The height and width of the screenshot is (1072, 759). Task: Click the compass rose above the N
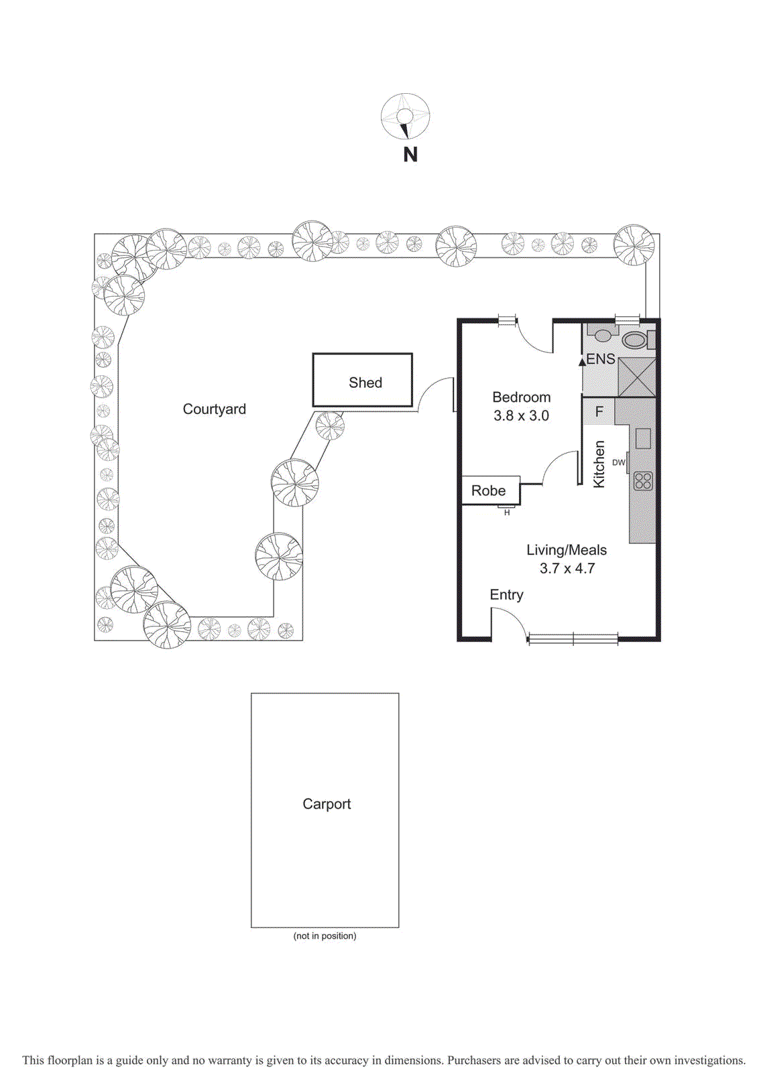(405, 116)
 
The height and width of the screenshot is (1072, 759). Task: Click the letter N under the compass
(410, 155)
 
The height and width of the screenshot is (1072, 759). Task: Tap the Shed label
(365, 383)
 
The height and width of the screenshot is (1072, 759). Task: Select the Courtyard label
(215, 409)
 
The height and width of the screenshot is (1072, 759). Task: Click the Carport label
(327, 804)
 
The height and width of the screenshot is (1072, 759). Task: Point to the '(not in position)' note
(325, 936)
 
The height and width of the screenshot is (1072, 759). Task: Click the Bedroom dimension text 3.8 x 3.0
(521, 415)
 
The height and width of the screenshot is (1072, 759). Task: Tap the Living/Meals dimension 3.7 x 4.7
(567, 568)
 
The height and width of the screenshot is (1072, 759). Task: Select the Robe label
(488, 490)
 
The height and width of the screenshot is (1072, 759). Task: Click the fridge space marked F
(599, 411)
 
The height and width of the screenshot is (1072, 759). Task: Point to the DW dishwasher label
(618, 462)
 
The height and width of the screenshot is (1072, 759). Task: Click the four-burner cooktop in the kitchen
(643, 481)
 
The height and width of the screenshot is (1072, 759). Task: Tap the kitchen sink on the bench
(643, 439)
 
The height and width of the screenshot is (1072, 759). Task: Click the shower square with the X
(636, 377)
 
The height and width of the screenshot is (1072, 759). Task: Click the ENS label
(601, 359)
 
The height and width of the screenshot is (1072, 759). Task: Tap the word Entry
(506, 595)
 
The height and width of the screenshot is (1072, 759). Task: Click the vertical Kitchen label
(599, 464)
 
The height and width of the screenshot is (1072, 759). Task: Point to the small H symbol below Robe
(507, 513)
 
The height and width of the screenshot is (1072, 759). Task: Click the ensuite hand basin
(603, 334)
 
